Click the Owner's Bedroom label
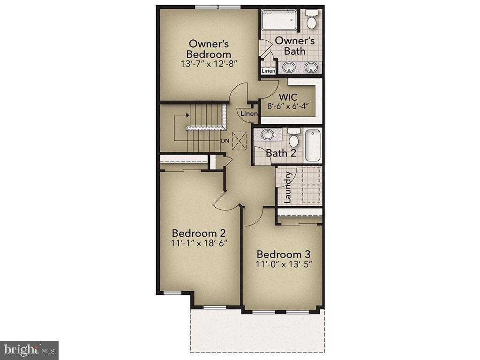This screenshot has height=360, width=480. (x=209, y=49)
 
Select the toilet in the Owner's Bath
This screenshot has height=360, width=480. (x=311, y=21)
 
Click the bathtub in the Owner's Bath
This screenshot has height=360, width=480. (x=278, y=21)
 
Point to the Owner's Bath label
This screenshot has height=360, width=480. (x=294, y=45)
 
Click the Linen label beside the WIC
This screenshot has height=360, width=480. (x=249, y=114)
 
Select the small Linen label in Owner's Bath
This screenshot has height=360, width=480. (x=268, y=71)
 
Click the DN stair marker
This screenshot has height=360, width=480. (x=225, y=140)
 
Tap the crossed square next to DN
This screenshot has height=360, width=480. (x=239, y=140)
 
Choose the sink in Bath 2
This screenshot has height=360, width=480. (x=268, y=135)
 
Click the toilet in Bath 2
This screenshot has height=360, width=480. (x=294, y=138)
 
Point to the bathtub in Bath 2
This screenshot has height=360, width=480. (x=312, y=145)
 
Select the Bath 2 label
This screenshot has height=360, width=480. (x=281, y=153)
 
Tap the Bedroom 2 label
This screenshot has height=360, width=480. (x=199, y=233)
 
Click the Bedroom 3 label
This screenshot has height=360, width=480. (x=284, y=254)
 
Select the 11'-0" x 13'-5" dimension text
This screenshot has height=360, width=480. (x=284, y=264)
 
